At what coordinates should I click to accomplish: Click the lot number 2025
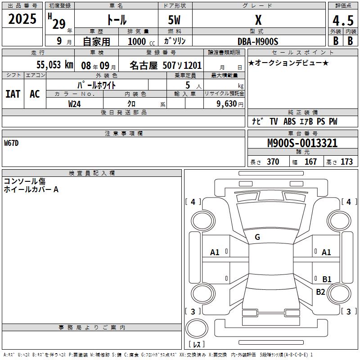[x=22, y=19]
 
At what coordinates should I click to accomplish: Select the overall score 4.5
[x=343, y=20]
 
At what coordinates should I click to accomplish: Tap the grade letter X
[x=258, y=20]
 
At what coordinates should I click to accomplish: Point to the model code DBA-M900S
[x=258, y=41]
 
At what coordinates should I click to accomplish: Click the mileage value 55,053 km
[x=55, y=65]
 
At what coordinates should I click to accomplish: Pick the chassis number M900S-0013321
[x=302, y=143]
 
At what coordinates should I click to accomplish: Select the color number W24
[x=74, y=104]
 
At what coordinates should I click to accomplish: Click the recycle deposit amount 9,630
[x=227, y=104]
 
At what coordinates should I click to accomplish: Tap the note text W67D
[x=11, y=143]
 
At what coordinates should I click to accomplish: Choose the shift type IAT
[x=13, y=94]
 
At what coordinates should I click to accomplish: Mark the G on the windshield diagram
[x=257, y=237]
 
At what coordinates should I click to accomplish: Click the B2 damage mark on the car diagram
[x=320, y=292]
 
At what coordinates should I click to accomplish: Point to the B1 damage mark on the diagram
[x=327, y=279]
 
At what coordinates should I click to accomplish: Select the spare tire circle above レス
[x=197, y=328]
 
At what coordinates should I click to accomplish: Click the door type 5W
[x=174, y=20]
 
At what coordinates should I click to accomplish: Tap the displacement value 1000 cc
[x=141, y=41]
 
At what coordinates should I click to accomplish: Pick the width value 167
[x=310, y=162]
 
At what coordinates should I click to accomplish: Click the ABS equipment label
[x=289, y=121]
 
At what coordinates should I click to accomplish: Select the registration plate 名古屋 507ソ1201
[x=166, y=65]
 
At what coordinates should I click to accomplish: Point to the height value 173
[x=346, y=162]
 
